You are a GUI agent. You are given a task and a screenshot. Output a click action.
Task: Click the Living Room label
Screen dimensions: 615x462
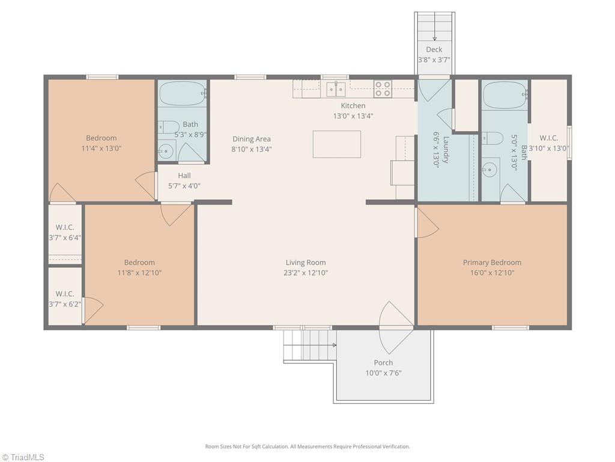coord(306,262)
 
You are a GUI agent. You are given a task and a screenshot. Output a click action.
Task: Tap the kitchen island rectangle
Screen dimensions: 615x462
coord(336,144)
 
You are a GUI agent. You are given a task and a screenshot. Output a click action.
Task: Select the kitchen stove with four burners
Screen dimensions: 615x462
coord(382,89)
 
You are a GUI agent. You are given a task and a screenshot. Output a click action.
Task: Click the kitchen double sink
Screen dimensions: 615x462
coord(336,89)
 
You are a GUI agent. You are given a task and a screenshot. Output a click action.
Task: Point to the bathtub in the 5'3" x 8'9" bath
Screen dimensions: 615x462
coord(183,93)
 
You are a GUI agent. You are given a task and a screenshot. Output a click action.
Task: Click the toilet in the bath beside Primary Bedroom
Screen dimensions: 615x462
coord(492,138)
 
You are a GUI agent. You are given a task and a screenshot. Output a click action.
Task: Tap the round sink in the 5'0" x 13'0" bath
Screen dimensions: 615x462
coord(489,170)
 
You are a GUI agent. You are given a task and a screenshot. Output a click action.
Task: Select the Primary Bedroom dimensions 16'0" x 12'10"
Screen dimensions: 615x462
coord(492,273)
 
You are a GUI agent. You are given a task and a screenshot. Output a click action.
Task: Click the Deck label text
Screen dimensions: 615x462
coord(434,49)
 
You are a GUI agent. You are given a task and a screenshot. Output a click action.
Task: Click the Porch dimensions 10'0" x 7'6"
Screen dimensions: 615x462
coord(383,373)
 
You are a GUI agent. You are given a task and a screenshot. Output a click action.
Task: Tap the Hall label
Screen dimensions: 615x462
coord(184,176)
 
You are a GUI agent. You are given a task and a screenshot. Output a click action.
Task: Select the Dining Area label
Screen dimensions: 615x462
coord(252,139)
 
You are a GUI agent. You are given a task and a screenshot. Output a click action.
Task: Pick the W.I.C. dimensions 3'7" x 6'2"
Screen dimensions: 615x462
coord(65,304)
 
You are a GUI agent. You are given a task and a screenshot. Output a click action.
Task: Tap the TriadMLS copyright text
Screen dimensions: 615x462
coord(22,457)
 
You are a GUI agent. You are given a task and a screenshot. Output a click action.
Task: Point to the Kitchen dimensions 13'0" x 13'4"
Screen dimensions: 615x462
coord(353,116)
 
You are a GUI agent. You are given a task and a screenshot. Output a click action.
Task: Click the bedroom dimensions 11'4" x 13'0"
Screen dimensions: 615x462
coord(101,148)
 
